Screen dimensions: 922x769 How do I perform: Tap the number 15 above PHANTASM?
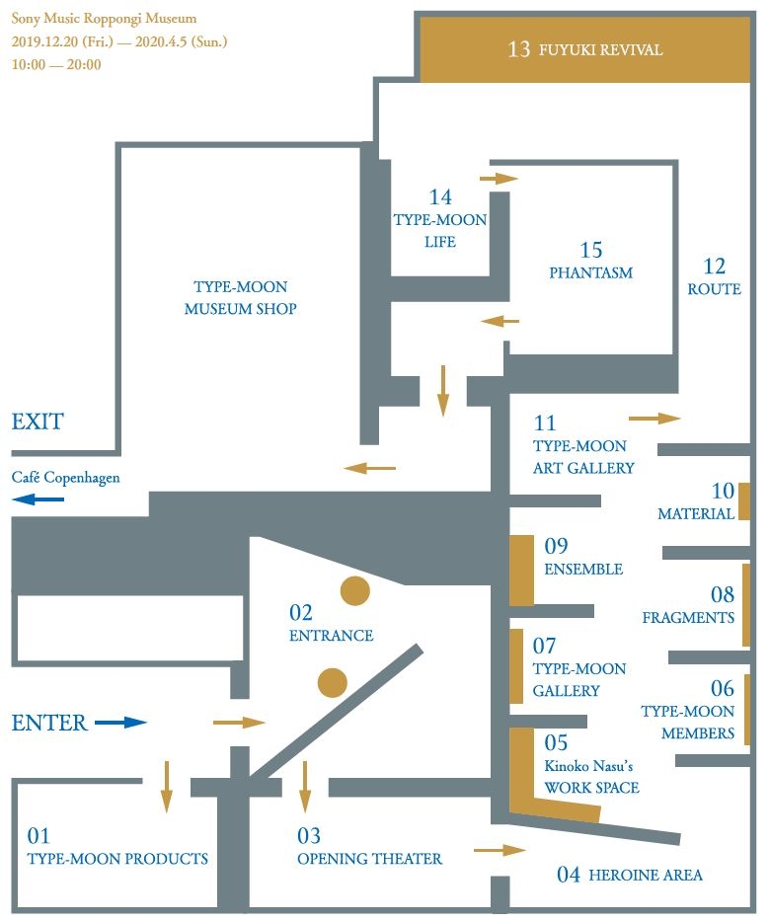590,251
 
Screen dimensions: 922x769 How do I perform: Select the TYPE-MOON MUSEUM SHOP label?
241,298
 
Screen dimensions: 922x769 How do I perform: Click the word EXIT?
38,422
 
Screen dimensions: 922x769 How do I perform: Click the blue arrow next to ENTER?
120,723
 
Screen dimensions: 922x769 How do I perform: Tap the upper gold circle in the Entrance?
354,590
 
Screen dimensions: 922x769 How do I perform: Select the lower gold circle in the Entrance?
333,681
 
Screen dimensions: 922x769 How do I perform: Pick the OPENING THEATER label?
370,859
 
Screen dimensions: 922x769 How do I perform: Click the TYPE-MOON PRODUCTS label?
117,859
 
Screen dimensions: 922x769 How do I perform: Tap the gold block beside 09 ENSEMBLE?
521,570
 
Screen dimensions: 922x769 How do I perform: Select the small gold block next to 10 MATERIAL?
743,501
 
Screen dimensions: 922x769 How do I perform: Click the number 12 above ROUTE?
714,267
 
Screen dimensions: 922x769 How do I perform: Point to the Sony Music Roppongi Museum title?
104,19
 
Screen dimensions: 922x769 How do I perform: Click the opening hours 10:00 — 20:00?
56,64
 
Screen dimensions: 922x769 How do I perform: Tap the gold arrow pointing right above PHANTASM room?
499,179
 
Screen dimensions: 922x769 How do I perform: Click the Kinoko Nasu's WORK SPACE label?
591,776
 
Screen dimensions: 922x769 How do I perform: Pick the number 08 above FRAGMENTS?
723,594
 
